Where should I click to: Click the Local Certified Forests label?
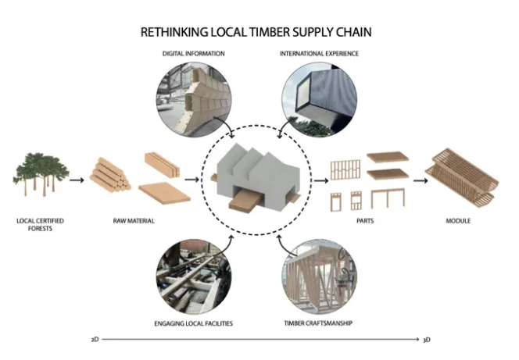pyautogui.click(x=40, y=225)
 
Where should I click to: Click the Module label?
pyautogui.click(x=458, y=221)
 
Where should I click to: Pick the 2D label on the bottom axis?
pyautogui.click(x=94, y=340)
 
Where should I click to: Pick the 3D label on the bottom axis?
pyautogui.click(x=427, y=340)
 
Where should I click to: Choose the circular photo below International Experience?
pyautogui.click(x=317, y=98)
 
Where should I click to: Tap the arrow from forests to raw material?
pyautogui.click(x=76, y=180)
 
